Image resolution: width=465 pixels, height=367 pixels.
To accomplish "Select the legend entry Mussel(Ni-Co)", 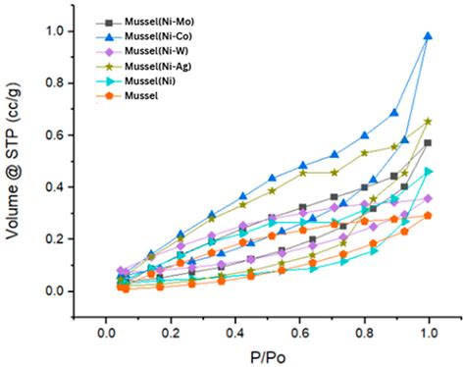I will point(159,36).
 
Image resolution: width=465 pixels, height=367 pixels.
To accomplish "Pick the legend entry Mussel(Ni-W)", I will point(157,52).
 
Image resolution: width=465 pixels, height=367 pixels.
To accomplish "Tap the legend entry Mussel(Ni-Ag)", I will point(159,67).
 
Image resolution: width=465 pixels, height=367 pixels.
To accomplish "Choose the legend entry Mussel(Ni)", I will point(152,81).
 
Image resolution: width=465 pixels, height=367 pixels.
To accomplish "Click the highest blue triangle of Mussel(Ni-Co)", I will point(428,36).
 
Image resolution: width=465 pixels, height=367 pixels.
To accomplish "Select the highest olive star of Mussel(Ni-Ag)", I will point(428,122).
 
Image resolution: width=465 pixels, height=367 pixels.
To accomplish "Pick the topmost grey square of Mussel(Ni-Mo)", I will point(428,143).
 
